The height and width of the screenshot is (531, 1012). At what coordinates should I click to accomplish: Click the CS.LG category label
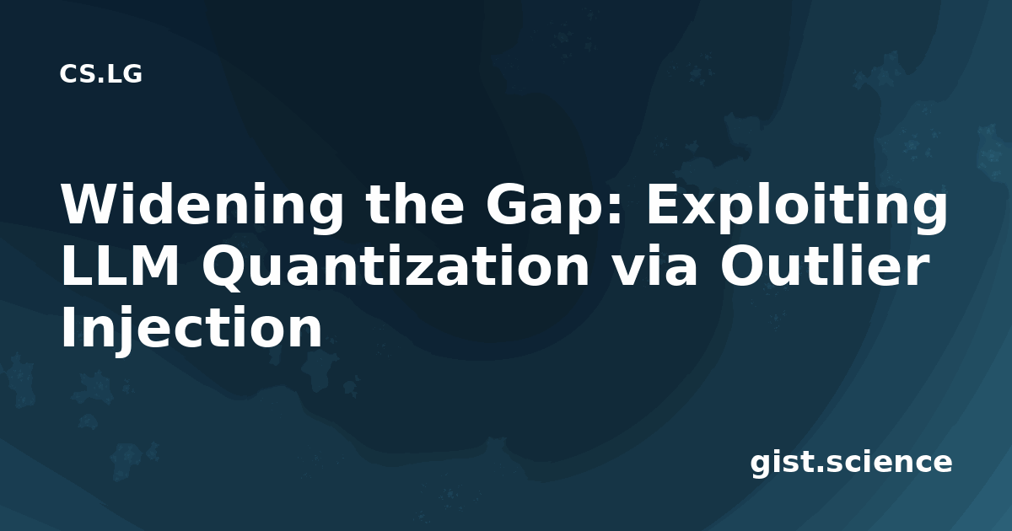[x=100, y=74]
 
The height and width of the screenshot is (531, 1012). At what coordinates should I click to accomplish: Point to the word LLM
[x=120, y=265]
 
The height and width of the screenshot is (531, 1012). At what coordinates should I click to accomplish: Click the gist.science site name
[x=851, y=463]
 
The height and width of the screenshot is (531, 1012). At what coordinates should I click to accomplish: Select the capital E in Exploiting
[x=663, y=204]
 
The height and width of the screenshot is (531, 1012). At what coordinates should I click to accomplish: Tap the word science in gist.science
[x=890, y=463]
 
